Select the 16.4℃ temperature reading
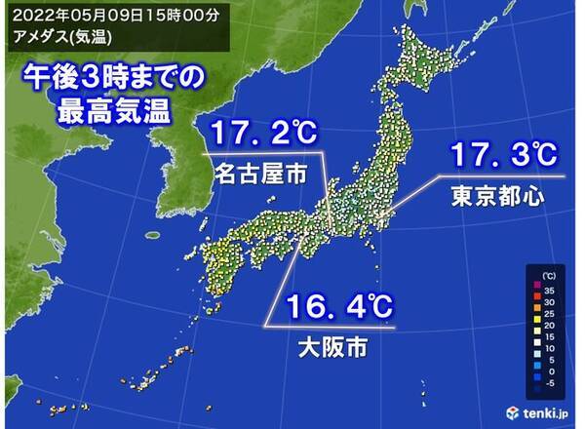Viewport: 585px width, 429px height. tap(338, 308)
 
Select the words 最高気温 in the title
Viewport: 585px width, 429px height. tap(113, 107)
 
